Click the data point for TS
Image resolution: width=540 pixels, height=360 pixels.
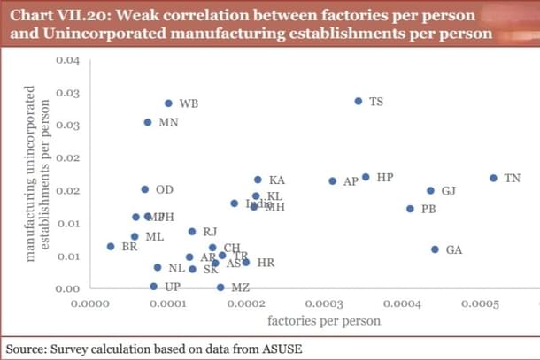(359, 101)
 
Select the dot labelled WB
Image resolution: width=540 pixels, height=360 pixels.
(168, 103)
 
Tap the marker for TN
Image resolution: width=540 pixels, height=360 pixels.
(493, 178)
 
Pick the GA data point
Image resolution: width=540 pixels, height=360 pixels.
(435, 249)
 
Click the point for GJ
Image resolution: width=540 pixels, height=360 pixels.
(431, 190)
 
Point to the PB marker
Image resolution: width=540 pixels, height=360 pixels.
(410, 209)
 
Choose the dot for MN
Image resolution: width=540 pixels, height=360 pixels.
(148, 122)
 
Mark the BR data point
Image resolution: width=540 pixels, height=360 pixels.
(111, 247)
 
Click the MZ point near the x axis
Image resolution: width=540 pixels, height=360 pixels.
(220, 287)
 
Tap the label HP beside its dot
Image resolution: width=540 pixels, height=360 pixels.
(384, 177)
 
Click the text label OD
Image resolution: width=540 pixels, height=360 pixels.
(164, 189)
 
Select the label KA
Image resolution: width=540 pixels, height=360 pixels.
(276, 180)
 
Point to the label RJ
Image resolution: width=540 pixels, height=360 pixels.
(210, 232)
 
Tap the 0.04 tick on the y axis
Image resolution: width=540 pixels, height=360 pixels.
(67, 60)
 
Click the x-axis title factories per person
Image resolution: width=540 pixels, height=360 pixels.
(323, 320)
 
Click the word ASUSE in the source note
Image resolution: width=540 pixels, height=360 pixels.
(278, 348)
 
